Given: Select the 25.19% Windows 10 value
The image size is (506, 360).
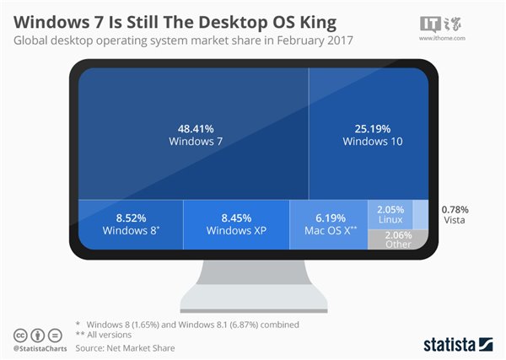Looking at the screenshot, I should tap(373, 128).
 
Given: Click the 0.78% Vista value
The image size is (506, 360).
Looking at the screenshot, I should tap(455, 208).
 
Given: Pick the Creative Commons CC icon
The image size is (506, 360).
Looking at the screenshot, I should tap(20, 333).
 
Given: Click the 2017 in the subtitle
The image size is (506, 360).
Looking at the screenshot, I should tap(339, 39).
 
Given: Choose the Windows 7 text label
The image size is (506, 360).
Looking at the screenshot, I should tap(195, 141).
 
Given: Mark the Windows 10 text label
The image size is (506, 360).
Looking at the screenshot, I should tap(373, 142).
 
